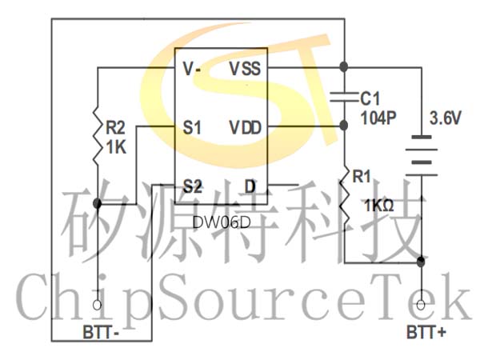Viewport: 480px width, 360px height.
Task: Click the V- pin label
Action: point(191,68)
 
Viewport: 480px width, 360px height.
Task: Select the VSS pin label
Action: point(246,68)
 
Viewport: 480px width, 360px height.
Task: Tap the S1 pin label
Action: point(192,127)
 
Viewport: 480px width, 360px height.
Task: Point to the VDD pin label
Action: point(246,128)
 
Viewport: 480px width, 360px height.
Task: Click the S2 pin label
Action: point(192,186)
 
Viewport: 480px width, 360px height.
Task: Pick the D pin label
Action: point(250,186)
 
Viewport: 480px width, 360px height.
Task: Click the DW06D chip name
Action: point(222,222)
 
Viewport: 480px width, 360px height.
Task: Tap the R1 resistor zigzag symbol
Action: point(345,197)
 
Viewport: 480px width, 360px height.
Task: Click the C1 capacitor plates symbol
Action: point(344,97)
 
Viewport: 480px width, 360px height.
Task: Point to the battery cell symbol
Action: point(422,156)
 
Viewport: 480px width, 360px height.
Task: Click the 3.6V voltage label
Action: point(445,118)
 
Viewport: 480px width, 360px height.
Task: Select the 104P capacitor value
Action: point(378,118)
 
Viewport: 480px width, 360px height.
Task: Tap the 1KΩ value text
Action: point(378,205)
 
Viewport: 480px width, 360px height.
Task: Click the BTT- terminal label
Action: point(101,332)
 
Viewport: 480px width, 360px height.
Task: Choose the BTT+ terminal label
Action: point(426,332)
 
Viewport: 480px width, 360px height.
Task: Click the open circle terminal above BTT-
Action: point(98,305)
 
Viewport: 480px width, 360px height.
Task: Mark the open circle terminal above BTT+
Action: point(421,305)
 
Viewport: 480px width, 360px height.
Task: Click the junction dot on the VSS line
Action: point(344,66)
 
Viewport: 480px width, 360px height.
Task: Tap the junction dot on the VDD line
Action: point(344,126)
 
